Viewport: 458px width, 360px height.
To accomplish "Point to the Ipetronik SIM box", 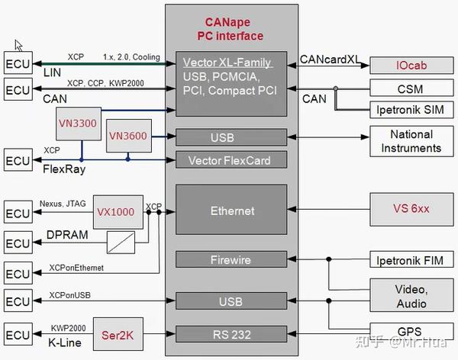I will [x=411, y=110].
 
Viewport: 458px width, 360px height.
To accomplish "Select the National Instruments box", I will [x=411, y=140].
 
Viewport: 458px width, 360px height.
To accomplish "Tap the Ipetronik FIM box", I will [x=411, y=260].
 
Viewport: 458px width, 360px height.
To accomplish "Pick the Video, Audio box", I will [x=411, y=296].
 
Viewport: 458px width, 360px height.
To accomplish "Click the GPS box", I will [x=411, y=333].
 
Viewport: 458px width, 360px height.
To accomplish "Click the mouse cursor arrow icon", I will [x=19, y=46].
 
